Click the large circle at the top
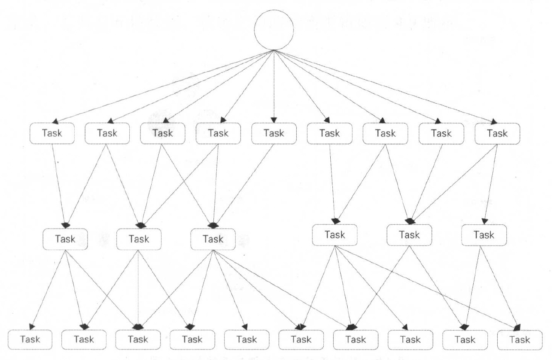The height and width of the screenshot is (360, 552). (x=274, y=30)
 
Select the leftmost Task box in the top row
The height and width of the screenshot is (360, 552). (x=52, y=133)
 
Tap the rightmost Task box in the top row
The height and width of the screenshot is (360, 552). (x=497, y=133)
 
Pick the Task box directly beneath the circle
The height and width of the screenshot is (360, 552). (x=274, y=133)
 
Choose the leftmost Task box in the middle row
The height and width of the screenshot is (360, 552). (x=65, y=239)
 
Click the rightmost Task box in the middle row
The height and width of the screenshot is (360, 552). (x=484, y=235)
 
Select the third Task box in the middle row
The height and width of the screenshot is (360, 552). (x=213, y=239)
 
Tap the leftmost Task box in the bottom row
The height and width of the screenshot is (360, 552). (x=30, y=339)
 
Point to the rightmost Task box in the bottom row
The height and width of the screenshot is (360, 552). (x=520, y=339)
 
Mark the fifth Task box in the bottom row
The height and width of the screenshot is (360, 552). (x=246, y=339)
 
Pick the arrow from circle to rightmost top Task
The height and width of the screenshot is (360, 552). (x=385, y=87)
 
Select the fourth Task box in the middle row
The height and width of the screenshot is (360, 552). (x=335, y=235)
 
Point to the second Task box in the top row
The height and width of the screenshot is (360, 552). (x=107, y=133)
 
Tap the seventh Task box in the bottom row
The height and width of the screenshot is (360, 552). (x=356, y=339)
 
